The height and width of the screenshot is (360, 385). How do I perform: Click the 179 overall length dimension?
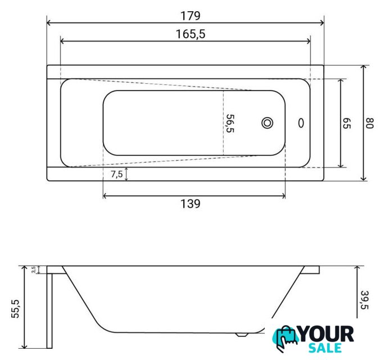pos(191,16)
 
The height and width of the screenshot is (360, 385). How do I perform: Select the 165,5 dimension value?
pos(191,34)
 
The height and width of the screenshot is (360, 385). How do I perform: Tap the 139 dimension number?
pos(191,204)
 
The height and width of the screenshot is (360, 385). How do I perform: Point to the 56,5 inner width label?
pos(230,123)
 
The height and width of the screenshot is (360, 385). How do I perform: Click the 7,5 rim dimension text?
pos(117,174)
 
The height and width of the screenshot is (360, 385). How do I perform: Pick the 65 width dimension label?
pos(346,123)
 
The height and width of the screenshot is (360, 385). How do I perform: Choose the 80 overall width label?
pos(369,123)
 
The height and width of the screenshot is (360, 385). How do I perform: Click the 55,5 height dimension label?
pos(15,309)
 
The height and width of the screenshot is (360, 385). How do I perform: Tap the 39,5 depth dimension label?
pos(365,300)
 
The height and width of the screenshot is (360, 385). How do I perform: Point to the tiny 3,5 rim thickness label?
pos(34,269)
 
